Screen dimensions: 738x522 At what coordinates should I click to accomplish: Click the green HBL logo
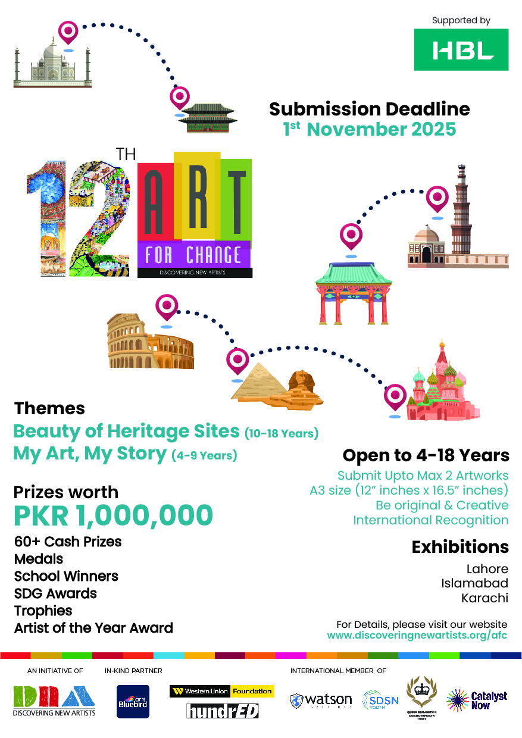tap(461, 49)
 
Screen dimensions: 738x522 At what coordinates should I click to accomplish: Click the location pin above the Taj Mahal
tap(68, 32)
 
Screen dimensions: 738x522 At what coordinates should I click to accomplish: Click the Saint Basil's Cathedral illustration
tap(442, 387)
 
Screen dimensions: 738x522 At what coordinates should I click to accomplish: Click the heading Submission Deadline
tap(369, 109)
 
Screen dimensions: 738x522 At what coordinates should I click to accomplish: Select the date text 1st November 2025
tap(369, 129)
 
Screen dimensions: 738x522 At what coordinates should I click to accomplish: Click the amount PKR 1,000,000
tap(113, 515)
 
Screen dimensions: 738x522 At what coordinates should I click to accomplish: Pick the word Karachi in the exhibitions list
tap(485, 598)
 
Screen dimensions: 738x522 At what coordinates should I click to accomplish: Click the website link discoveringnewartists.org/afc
tap(417, 636)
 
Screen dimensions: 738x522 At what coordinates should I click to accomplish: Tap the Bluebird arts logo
tap(132, 701)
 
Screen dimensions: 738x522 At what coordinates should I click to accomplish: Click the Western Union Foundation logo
tap(221, 692)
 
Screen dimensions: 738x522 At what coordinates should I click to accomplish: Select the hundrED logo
tap(222, 710)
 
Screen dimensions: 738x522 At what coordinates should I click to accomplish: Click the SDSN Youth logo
tap(380, 701)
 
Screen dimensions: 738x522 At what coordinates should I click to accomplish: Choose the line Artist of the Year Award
tap(93, 627)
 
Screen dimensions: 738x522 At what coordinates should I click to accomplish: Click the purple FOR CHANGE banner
tap(193, 255)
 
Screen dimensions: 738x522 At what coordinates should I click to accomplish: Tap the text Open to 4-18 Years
tap(426, 455)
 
